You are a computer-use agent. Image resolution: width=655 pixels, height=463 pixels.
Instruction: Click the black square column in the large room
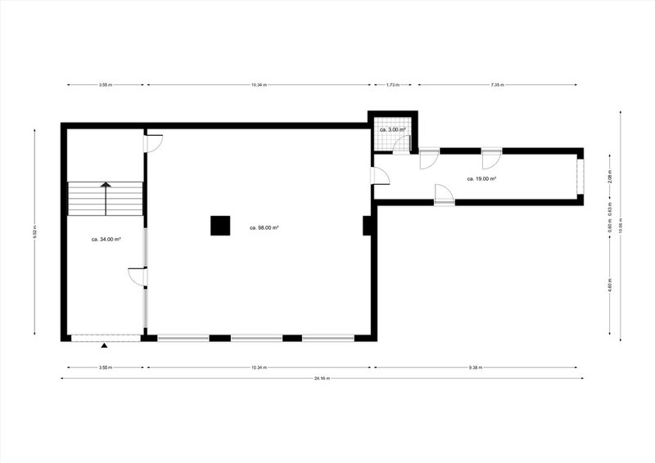click(219, 225)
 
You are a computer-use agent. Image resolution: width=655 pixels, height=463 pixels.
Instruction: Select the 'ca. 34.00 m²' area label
click(106, 240)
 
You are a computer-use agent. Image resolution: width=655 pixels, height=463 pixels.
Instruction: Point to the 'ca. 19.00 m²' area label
click(483, 178)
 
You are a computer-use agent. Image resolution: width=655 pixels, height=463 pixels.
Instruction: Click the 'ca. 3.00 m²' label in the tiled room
click(392, 130)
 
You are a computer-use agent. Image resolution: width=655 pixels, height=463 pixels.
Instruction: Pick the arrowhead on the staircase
click(106, 185)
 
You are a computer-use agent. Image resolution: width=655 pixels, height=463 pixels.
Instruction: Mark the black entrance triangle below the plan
click(104, 346)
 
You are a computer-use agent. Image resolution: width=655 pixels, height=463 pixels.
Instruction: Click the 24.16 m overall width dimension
click(323, 379)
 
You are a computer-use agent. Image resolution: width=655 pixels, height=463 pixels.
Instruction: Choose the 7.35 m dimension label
click(498, 84)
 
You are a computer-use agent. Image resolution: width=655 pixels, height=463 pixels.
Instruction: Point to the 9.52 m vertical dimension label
click(34, 232)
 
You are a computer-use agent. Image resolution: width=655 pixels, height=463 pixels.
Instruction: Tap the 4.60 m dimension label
click(610, 286)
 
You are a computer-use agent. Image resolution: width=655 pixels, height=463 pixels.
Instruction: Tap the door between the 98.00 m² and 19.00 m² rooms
click(380, 175)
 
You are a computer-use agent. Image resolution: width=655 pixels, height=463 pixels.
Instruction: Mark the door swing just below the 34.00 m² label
click(138, 276)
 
